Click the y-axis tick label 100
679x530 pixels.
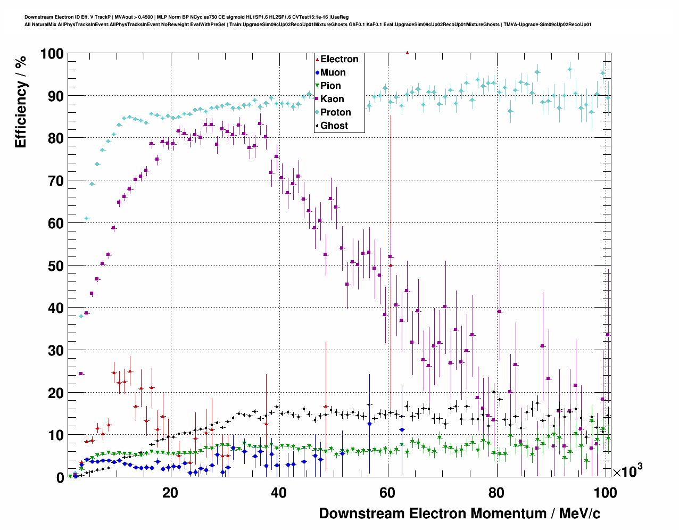pos(51,54)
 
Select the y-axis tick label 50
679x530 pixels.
pos(56,266)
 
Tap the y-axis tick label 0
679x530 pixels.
pos(60,478)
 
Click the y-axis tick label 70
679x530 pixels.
pos(56,181)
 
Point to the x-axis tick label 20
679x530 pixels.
pos(170,493)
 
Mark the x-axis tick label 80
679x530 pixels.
pos(496,493)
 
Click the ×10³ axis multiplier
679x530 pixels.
pos(627,470)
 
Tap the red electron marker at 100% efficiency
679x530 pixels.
pos(407,53)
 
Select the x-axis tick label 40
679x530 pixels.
pos(279,493)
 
